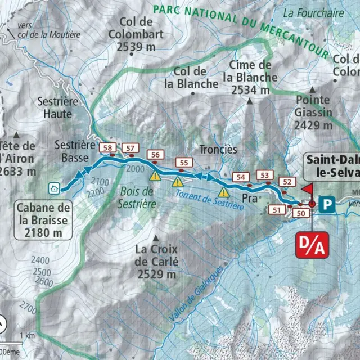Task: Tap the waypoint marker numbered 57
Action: click(x=130, y=148)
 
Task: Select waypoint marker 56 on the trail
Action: click(x=156, y=155)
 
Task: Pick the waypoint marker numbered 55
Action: click(x=183, y=163)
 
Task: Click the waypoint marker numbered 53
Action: click(x=265, y=175)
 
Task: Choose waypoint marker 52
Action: click(x=288, y=182)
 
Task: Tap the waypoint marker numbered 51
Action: click(x=277, y=210)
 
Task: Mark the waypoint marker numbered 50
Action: click(x=301, y=213)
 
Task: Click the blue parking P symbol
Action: click(x=326, y=204)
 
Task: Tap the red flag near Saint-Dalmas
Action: click(x=308, y=189)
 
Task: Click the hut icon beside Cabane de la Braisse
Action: click(x=54, y=188)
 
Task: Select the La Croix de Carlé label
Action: click(x=156, y=262)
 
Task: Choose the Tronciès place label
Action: click(x=218, y=150)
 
